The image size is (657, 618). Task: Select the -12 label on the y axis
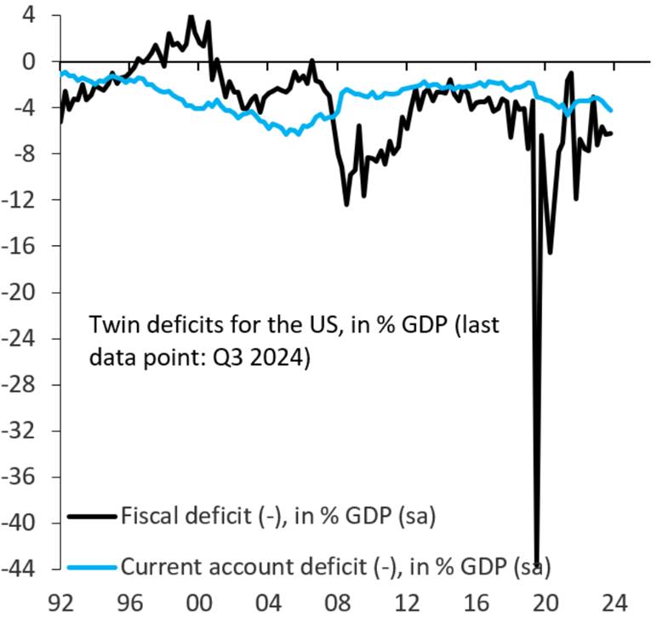(22, 200)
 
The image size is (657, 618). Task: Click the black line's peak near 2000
(191, 15)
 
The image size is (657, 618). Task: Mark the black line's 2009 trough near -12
(346, 204)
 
